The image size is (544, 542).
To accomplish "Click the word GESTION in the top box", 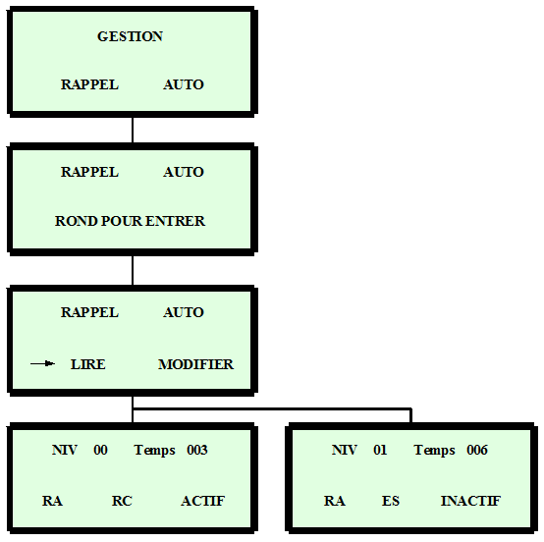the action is [130, 36].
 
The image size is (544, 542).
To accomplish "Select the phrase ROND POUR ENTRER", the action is [130, 221].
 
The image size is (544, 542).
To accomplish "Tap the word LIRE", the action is [88, 364].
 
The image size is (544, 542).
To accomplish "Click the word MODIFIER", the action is [196, 364].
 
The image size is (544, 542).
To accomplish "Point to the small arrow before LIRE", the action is [42, 363].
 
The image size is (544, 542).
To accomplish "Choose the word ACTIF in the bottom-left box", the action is [203, 501].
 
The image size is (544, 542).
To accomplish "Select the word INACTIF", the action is [470, 501].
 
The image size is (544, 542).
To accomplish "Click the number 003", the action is [197, 450].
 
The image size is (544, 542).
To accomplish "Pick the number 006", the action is [477, 450].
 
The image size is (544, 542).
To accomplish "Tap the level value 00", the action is [100, 450].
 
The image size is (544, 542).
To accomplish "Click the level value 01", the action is [380, 450].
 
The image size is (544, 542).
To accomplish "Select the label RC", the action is [122, 501].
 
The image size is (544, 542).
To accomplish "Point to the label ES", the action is [391, 501].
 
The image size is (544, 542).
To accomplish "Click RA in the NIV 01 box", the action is [335, 501].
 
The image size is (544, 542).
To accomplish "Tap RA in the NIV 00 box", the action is [52, 501].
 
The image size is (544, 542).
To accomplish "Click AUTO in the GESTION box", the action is [184, 84].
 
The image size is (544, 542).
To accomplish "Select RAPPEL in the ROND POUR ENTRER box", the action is [90, 172].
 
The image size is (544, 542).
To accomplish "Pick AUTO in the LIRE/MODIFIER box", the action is [184, 312].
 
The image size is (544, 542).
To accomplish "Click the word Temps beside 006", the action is [434, 450].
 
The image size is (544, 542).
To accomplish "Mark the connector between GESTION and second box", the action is [133, 130].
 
